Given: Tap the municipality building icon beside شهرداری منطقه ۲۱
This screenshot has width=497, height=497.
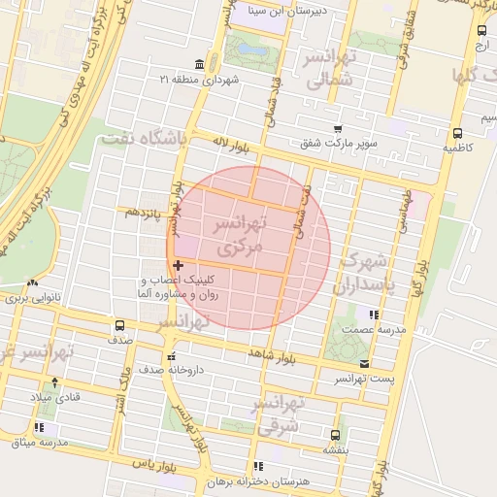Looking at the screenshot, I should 199,64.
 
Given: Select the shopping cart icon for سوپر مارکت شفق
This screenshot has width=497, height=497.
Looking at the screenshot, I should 338,128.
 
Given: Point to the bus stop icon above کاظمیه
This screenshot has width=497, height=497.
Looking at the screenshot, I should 456,134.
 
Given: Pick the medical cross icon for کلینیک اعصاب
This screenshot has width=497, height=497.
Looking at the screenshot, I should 178,264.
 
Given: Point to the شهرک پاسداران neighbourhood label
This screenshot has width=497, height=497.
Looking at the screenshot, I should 365,274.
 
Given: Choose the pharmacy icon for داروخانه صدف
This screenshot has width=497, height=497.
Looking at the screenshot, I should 172,355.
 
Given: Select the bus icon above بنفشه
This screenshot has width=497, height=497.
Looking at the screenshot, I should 335,436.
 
